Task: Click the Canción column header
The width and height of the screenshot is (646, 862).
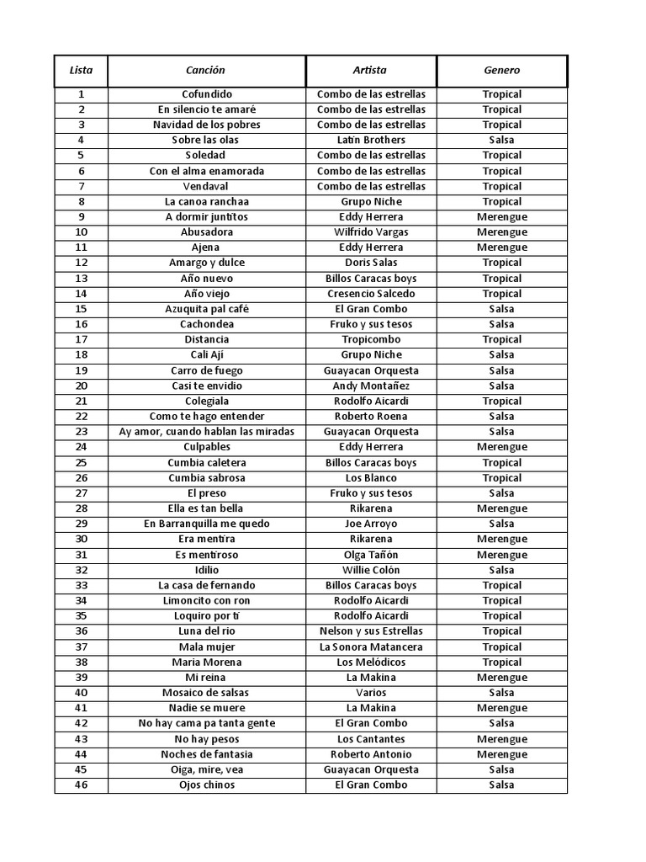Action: [205, 71]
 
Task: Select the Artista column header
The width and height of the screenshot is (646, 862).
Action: [370, 71]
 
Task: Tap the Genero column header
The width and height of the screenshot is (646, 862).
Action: [501, 71]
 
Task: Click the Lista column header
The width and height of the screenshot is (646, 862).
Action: [81, 71]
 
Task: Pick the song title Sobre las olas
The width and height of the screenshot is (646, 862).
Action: [205, 140]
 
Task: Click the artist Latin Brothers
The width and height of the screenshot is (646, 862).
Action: [371, 140]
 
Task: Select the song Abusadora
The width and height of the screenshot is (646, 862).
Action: [206, 231]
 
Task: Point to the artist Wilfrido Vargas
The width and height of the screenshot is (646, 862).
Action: [371, 231]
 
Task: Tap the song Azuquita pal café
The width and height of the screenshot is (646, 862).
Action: [206, 309]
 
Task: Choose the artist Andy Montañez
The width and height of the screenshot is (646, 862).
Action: [371, 386]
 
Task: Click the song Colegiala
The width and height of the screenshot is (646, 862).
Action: [206, 401]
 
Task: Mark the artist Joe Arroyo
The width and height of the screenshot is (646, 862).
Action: [371, 524]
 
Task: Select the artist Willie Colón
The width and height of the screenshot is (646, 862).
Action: [371, 570]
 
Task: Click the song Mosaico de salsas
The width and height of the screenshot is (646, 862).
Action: [206, 693]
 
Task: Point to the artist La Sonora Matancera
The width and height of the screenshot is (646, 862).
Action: [371, 646]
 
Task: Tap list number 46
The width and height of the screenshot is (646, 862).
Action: [81, 785]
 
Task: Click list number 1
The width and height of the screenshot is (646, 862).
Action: [81, 94]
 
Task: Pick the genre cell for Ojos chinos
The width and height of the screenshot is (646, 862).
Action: [501, 785]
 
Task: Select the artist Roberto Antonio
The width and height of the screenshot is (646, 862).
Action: [371, 754]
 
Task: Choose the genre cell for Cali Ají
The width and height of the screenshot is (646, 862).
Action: [501, 354]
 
